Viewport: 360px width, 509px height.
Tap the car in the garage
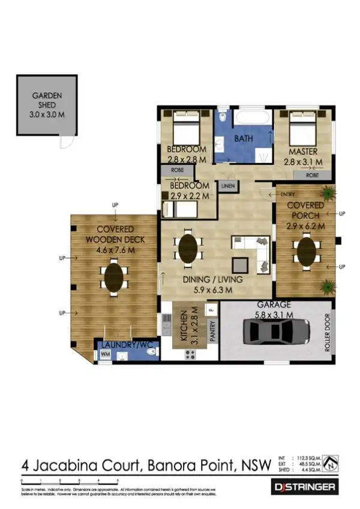tap(277, 332)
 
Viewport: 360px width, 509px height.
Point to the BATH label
tap(244, 138)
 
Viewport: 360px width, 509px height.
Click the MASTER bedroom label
tap(302, 152)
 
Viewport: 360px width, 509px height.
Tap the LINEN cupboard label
tap(227, 186)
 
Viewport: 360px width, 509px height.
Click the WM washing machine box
tap(104, 356)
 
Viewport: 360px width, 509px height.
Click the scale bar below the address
tap(70, 481)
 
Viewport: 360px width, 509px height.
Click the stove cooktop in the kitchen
tap(191, 354)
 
